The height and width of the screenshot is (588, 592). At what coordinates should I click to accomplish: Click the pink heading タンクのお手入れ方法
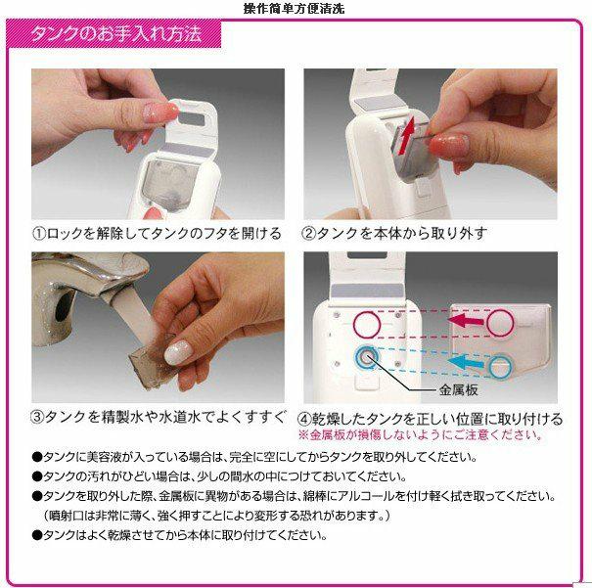pyautogui.click(x=116, y=34)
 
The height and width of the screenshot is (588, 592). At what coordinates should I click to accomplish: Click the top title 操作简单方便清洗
pyautogui.click(x=295, y=8)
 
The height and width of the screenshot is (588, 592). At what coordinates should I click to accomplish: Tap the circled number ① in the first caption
pyautogui.click(x=39, y=234)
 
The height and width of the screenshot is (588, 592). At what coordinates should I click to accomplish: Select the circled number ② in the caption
pyautogui.click(x=307, y=234)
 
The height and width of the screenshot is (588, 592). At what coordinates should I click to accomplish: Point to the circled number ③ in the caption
pyautogui.click(x=37, y=417)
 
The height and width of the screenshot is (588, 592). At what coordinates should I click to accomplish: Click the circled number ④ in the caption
pyautogui.click(x=304, y=419)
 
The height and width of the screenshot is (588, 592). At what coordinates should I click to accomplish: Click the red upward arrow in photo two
pyautogui.click(x=407, y=135)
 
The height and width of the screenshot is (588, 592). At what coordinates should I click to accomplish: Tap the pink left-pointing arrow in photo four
pyautogui.click(x=467, y=321)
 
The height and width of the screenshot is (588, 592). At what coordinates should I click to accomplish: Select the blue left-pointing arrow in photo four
pyautogui.click(x=467, y=363)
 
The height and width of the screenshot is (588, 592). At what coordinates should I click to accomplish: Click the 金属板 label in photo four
pyautogui.click(x=458, y=389)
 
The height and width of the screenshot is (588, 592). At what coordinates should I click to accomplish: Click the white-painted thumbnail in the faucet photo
pyautogui.click(x=179, y=352)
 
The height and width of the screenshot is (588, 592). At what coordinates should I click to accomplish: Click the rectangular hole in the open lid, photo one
pyautogui.click(x=192, y=119)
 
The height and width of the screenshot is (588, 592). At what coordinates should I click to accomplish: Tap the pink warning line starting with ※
pyautogui.click(x=420, y=435)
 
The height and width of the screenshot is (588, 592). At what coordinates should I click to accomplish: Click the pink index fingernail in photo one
pyautogui.click(x=160, y=113)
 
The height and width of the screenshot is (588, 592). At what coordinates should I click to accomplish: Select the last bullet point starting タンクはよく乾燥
pyautogui.click(x=180, y=535)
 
